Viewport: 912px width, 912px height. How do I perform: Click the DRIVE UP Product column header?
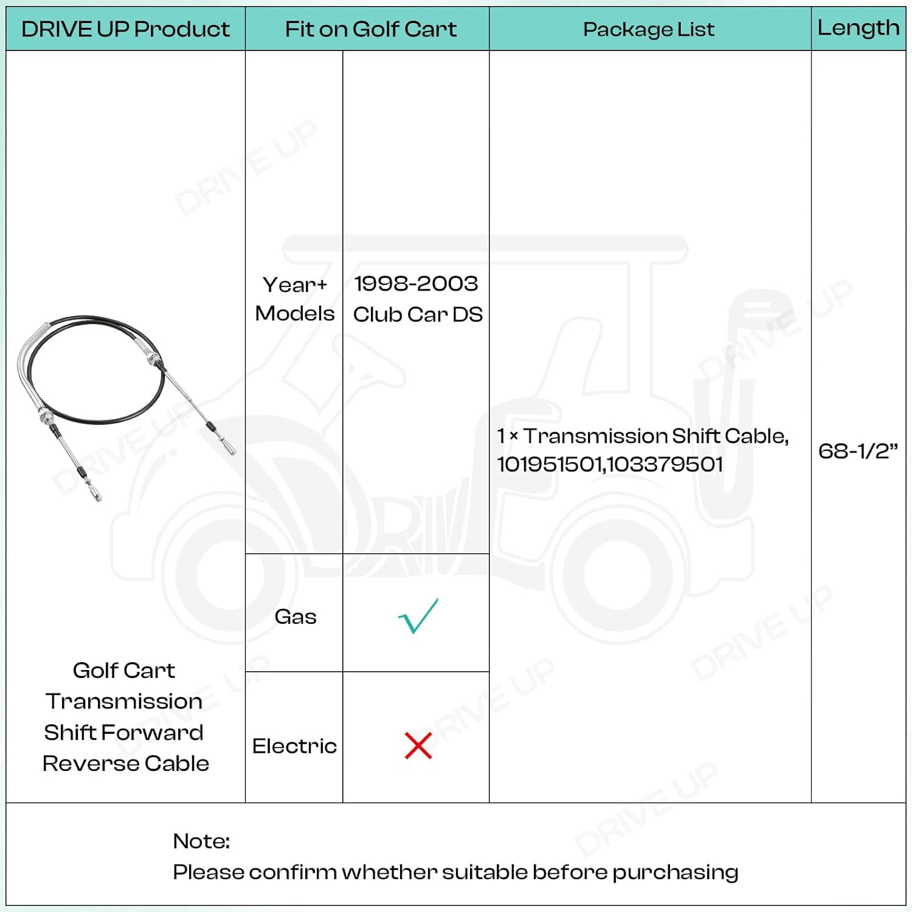[x=125, y=29]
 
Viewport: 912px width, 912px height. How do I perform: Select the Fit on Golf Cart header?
[x=370, y=29]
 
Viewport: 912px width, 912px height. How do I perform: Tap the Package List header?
[x=649, y=29]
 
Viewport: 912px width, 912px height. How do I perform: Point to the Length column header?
[x=858, y=28]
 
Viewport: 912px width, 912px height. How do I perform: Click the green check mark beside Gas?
[x=418, y=616]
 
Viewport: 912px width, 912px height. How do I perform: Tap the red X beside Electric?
[x=418, y=745]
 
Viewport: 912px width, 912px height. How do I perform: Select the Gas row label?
[x=295, y=617]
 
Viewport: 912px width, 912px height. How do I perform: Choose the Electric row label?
[x=294, y=746]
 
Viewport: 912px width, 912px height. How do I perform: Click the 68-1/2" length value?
[x=858, y=451]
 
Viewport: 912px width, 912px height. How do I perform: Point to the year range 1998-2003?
[x=416, y=283]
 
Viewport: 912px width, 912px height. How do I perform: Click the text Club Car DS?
[x=418, y=314]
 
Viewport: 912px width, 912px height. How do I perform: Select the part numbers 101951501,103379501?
[x=610, y=465]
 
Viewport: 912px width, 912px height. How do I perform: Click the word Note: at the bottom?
[x=201, y=841]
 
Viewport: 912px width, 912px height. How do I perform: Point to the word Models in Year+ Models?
[x=295, y=314]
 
